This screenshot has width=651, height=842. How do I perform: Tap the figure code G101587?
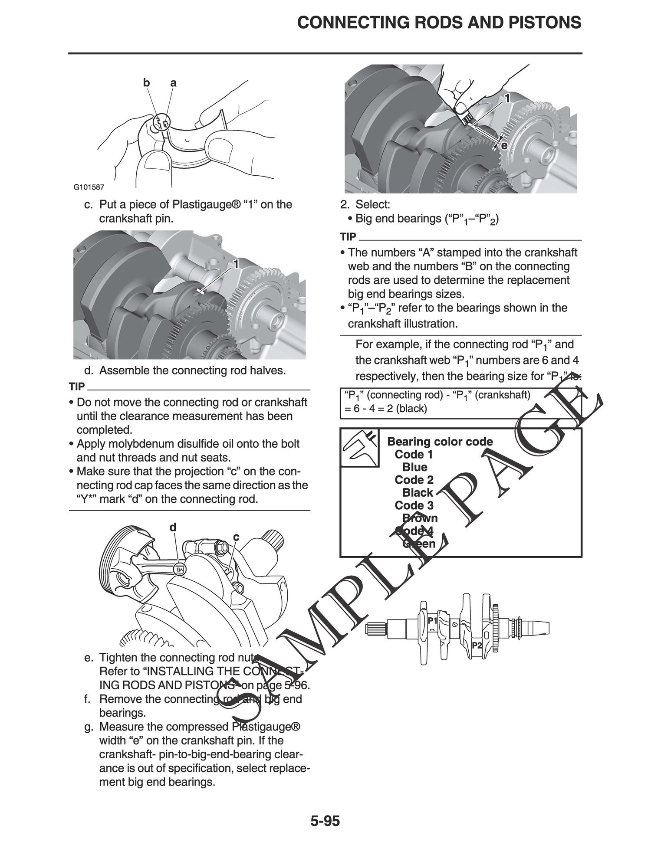89,187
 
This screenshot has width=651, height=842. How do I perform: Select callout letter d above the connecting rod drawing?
173,527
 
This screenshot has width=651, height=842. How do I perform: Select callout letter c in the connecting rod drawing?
236,537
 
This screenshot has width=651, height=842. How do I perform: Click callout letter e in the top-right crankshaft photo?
504,146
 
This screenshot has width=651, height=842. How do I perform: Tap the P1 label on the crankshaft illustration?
432,621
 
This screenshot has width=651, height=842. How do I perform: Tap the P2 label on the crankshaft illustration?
477,645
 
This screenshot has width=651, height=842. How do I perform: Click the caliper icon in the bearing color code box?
359,447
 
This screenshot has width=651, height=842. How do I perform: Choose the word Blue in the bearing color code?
415,467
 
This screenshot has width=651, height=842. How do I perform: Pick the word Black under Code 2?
418,493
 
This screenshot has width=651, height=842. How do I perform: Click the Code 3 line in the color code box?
414,505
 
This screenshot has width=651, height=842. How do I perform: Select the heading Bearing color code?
440,442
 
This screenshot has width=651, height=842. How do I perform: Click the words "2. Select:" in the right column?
372,204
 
